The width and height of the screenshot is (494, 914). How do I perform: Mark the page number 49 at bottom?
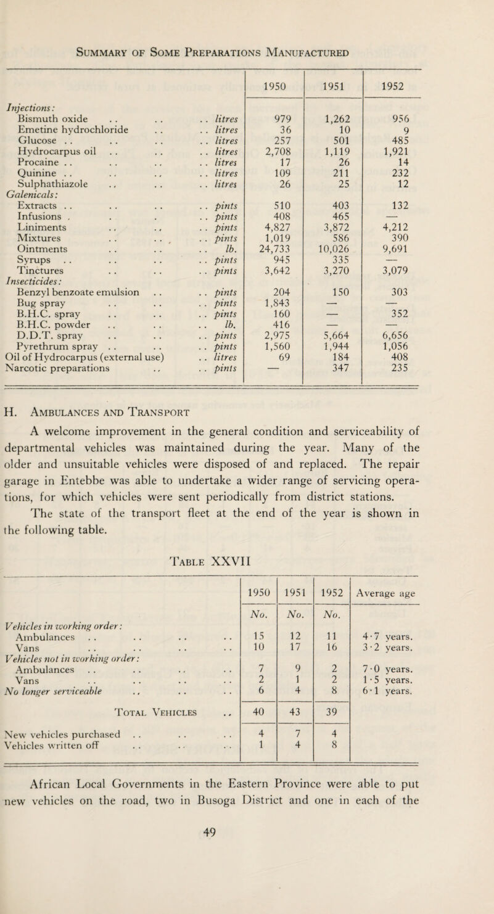coord(247,886)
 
